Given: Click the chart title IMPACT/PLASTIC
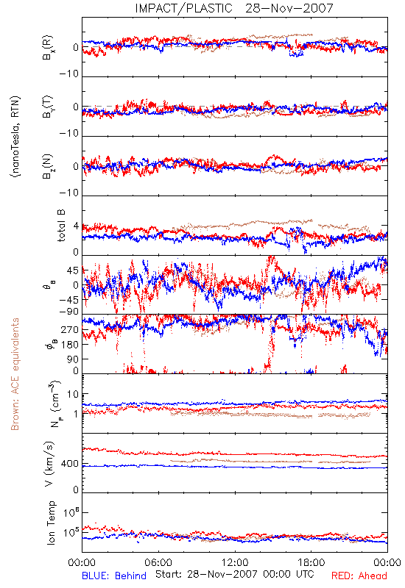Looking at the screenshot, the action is coord(183,8).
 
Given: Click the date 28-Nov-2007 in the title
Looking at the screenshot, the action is coord(289,8).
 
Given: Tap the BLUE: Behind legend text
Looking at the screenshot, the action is coord(114,576).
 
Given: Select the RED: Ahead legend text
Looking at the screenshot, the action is coord(359,576).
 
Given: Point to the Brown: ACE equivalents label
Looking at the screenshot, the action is coord(15,374).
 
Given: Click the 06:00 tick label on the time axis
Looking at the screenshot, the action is coord(158,562).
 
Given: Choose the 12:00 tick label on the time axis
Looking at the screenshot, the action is coord(235,562).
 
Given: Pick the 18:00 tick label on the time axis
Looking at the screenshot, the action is coord(311,562).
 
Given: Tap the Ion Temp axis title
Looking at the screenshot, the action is coord(51,523).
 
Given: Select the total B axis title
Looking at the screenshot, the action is coord(61,226).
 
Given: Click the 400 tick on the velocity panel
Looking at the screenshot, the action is coord(70,464).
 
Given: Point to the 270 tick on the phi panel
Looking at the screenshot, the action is coord(70,330).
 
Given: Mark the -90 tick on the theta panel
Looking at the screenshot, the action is coord(69,312).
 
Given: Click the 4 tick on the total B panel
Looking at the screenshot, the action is coord(77,226).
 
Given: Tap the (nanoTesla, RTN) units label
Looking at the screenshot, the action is coord(16,137).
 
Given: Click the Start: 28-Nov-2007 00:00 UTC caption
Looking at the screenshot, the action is coord(235,574).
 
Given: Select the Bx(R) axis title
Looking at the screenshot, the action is coord(48,48).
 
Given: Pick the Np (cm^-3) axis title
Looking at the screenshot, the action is coord(54,404).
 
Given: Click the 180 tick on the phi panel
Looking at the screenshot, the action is coord(70,345).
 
